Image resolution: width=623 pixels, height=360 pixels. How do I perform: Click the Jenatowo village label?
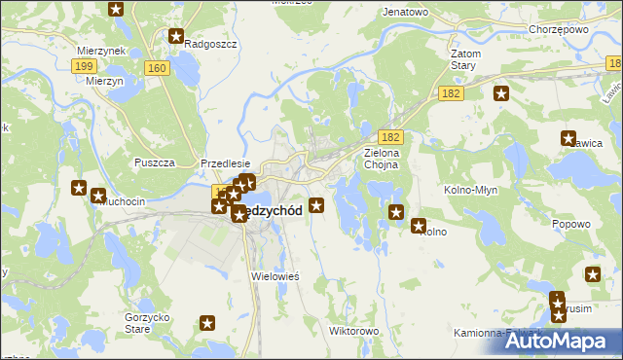[406, 12]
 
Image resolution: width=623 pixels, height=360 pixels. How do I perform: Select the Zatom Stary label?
[461, 59]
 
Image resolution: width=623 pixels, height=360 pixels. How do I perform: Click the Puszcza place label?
[154, 162]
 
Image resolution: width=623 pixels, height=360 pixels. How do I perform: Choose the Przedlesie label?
[226, 164]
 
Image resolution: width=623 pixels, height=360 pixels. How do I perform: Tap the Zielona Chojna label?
[386, 159]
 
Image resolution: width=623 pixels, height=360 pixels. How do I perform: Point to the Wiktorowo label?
[354, 331]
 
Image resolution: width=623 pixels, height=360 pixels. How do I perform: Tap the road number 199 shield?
[85, 65]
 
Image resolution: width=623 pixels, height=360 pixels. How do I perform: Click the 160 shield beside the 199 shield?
[157, 67]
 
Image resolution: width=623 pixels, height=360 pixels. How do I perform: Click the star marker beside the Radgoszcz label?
[176, 37]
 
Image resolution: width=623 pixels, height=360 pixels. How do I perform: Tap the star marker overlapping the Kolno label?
[420, 227]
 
